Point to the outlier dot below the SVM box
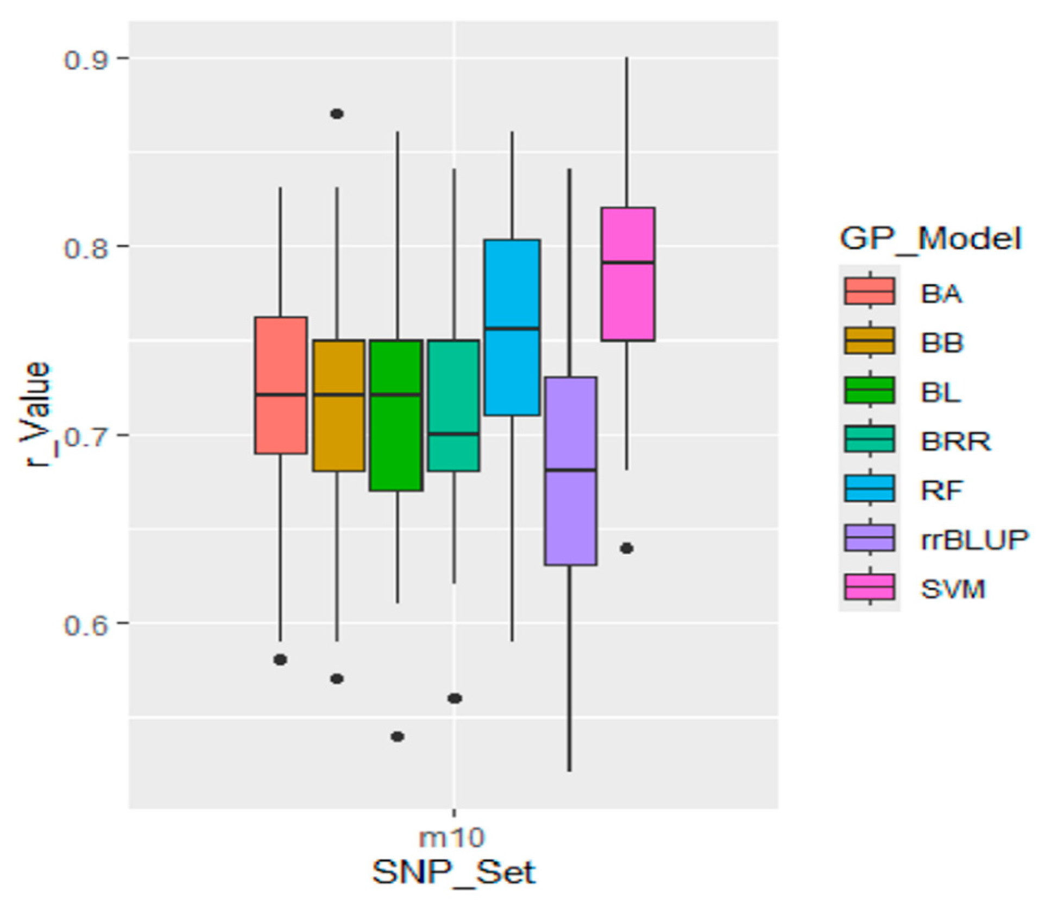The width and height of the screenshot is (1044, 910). point(627,549)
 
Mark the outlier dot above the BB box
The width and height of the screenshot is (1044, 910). point(337,114)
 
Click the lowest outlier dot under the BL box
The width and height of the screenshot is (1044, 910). point(398,737)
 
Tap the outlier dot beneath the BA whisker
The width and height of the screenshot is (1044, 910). point(280,660)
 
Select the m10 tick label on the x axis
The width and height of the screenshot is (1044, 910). point(452,837)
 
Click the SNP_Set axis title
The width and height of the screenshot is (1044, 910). point(454,874)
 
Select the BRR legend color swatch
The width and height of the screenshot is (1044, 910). point(869,439)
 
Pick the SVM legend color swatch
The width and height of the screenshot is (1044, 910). point(869,587)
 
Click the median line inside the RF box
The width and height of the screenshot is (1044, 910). point(512,329)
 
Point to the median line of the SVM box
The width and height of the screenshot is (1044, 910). point(627,262)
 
